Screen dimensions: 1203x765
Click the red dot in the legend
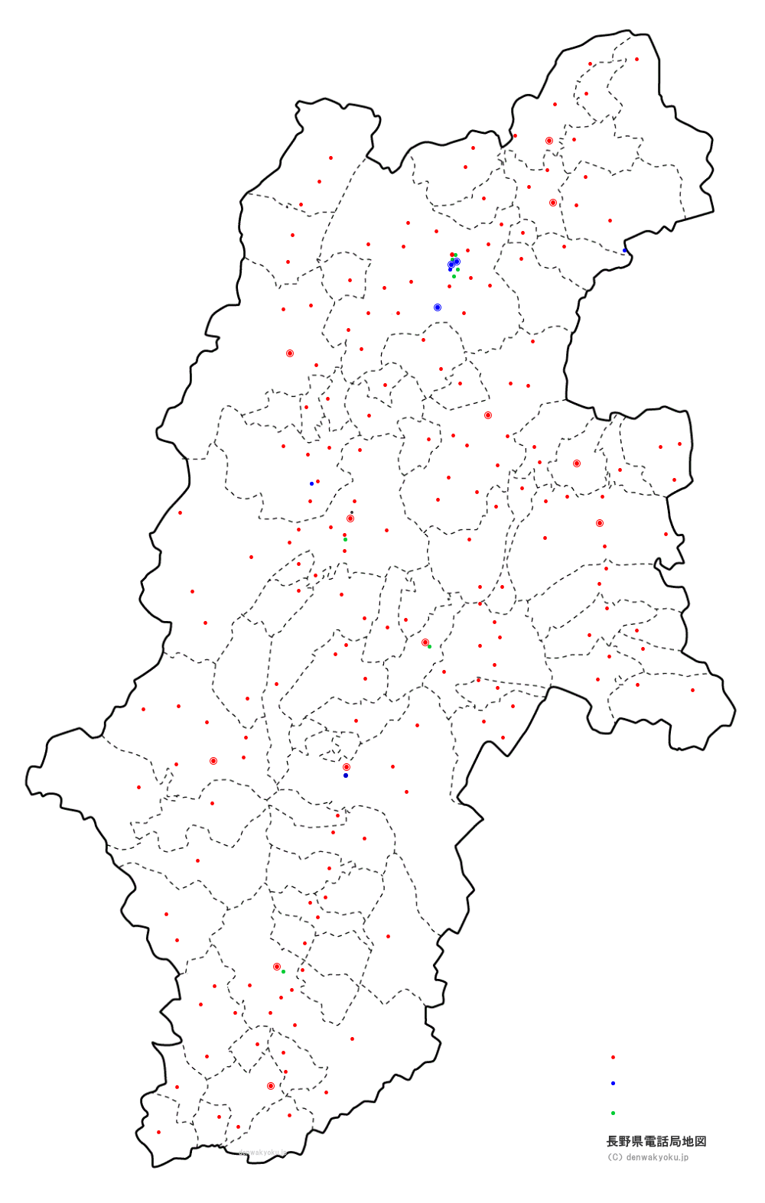(613, 1057)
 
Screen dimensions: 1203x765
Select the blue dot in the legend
(613, 1083)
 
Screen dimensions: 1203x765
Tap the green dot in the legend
(613, 1113)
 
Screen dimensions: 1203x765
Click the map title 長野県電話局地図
(656, 1141)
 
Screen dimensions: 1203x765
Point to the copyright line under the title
(648, 1157)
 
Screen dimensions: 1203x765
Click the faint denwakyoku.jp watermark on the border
(263, 1153)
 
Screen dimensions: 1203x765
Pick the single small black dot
(352, 512)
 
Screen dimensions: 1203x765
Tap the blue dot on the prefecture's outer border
(624, 250)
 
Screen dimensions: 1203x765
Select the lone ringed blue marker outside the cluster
(438, 307)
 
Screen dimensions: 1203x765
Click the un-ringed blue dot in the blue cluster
(450, 269)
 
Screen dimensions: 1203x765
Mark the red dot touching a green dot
(452, 255)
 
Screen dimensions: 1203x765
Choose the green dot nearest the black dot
(345, 539)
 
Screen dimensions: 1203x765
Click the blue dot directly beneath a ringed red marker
(346, 775)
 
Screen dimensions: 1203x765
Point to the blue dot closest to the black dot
(311, 483)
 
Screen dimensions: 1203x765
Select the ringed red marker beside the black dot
(350, 519)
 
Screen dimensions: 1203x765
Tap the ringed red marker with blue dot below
(347, 767)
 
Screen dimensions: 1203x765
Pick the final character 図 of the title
(701, 1141)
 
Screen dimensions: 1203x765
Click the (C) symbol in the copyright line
(614, 1157)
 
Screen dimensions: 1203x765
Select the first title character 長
(612, 1141)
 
